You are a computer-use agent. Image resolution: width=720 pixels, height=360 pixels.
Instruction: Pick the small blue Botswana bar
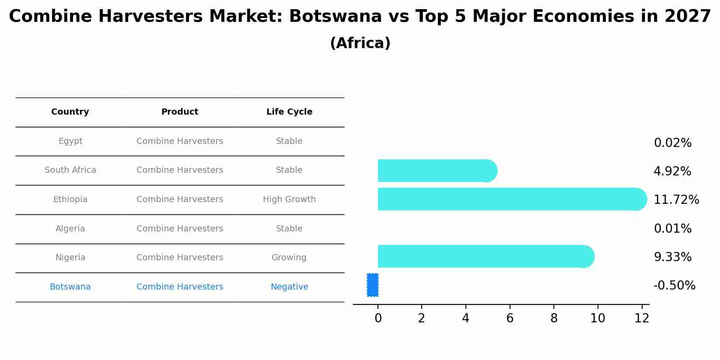[x=373, y=285]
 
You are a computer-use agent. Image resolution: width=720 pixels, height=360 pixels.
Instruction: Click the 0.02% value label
[x=672, y=143]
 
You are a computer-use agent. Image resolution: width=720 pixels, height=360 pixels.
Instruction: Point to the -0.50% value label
[x=674, y=286]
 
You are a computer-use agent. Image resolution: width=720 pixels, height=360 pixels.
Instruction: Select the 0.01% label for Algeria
[x=672, y=229]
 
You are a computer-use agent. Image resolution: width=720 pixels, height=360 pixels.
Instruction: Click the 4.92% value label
[x=672, y=171]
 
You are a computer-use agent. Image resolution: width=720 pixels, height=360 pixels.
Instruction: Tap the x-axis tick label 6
[x=510, y=318]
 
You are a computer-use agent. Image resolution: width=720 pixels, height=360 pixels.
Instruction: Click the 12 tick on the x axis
[x=642, y=318]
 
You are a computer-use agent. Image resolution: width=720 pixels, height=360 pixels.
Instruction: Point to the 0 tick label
[x=378, y=318]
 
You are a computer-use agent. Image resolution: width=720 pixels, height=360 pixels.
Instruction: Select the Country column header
[x=70, y=112]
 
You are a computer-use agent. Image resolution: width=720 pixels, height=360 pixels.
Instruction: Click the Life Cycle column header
[x=289, y=112]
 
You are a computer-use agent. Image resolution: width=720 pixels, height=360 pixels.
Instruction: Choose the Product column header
[x=180, y=112]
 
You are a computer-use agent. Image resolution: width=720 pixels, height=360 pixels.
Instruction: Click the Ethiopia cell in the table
[x=70, y=199]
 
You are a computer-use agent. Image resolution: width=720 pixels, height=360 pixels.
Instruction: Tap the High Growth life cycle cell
[x=289, y=199]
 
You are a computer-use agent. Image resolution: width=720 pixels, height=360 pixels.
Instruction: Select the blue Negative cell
[x=289, y=287]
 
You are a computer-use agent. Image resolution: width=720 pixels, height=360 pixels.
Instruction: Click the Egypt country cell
[x=70, y=141]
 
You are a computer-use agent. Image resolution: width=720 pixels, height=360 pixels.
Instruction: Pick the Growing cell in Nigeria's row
[x=289, y=258]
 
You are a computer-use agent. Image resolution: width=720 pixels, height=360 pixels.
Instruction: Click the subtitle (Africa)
[x=360, y=43]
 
